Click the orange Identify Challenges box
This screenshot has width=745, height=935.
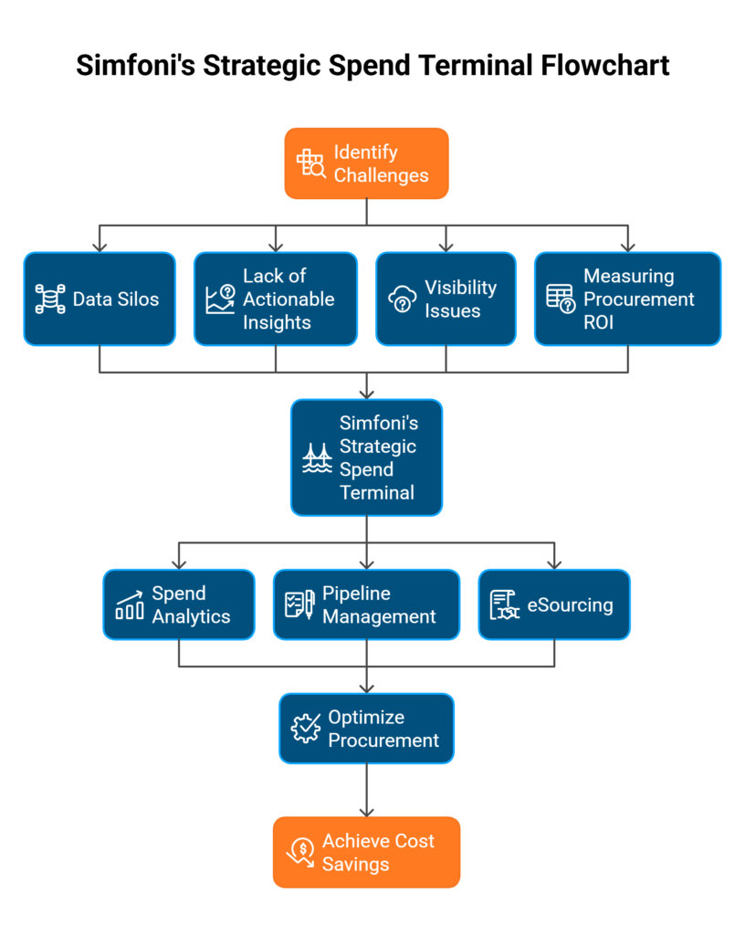coord(366,163)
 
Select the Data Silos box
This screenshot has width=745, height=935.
coord(100,299)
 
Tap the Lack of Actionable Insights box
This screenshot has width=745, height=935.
coord(275,299)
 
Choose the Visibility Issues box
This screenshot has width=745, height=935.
coord(446,299)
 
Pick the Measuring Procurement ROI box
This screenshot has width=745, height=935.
coord(627,299)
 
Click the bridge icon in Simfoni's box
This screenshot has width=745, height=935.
coord(317,457)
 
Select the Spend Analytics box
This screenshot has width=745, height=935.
coord(179,604)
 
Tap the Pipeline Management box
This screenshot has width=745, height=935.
coord(366,604)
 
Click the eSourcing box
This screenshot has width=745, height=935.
coord(553,604)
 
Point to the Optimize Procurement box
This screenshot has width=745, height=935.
coord(366,729)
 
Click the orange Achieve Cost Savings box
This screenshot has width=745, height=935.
coord(366,852)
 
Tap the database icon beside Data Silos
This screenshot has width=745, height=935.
coord(50,299)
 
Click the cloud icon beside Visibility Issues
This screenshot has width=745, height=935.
coord(403,299)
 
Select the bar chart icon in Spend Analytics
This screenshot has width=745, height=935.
coord(129,605)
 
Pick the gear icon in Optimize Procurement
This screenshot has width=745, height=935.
coord(306,728)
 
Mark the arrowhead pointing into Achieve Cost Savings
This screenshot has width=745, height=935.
coord(366,810)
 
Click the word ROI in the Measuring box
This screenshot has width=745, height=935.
coord(599,322)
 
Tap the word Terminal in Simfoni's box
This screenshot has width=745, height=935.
coord(377,492)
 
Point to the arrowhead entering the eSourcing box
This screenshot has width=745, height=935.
coord(553,562)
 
